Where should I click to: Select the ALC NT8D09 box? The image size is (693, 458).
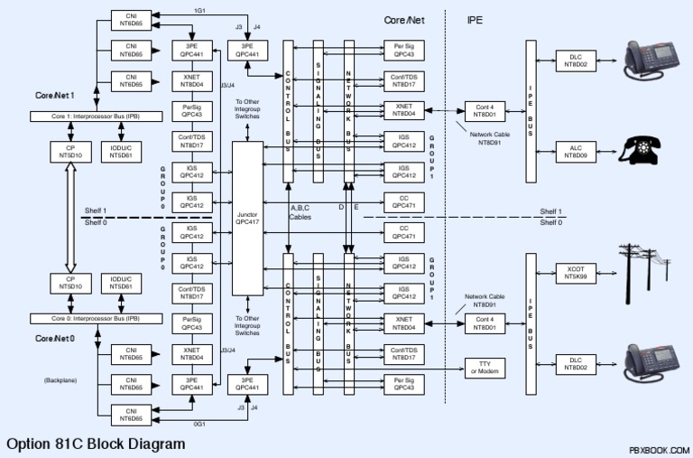576,151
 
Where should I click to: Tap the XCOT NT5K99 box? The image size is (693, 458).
576,274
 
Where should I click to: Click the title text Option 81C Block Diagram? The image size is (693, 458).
96,444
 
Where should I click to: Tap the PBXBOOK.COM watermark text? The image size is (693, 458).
659,449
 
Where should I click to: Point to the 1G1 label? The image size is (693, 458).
199,9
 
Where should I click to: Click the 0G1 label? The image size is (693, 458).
199,423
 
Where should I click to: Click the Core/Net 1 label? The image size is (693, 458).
56,94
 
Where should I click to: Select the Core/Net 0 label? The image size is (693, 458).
56,337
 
